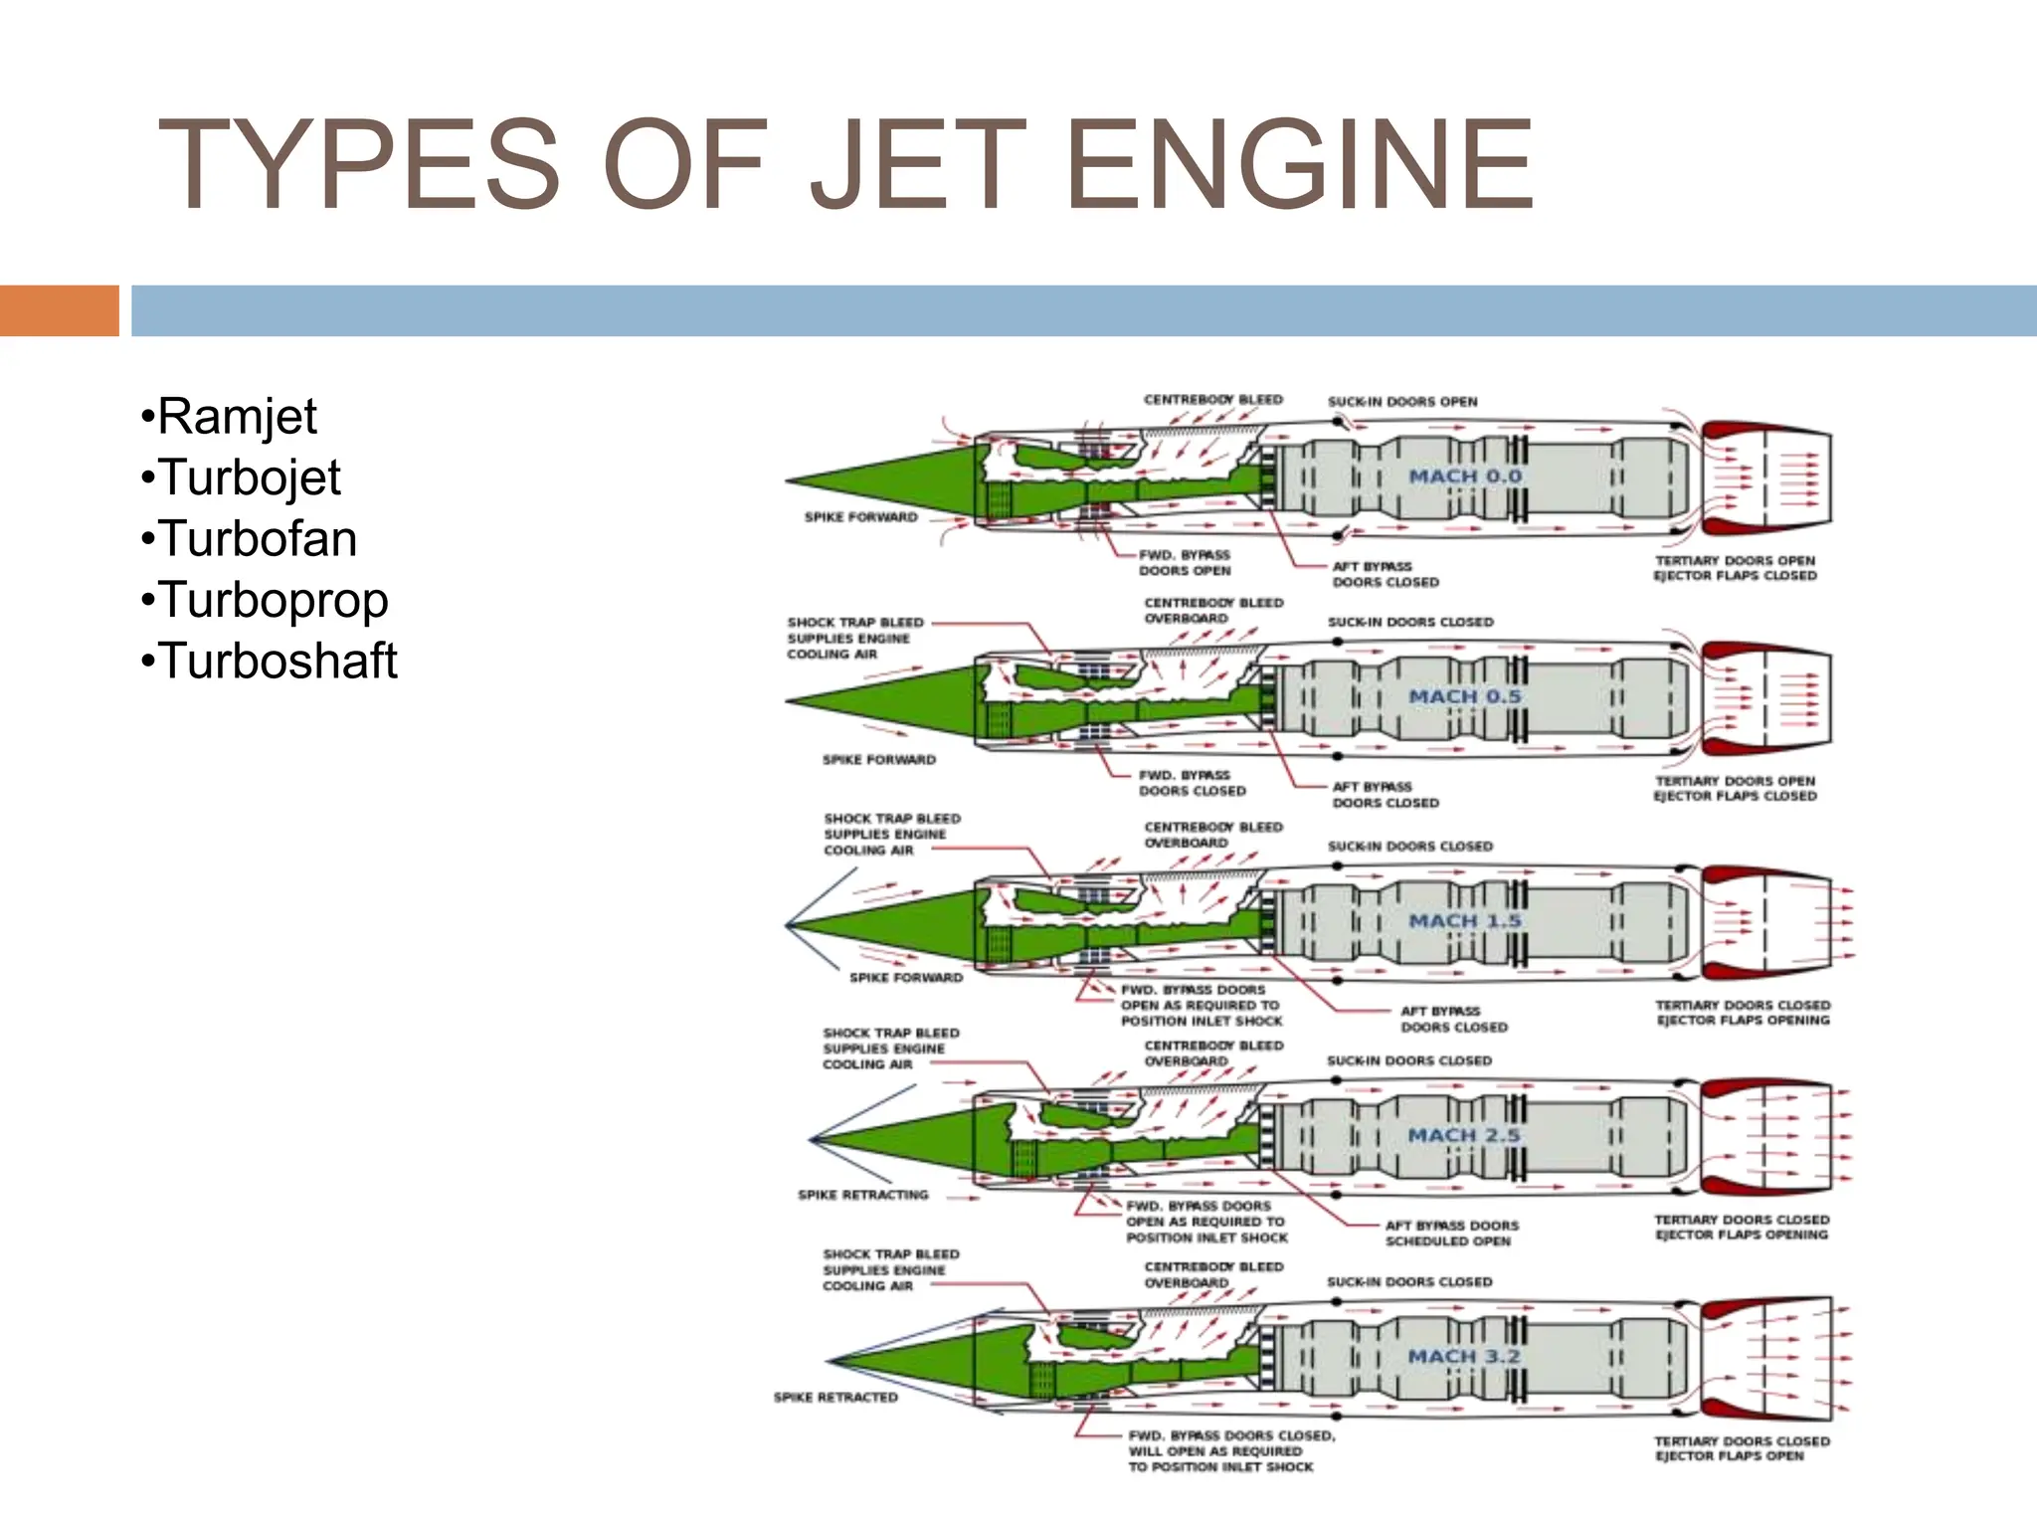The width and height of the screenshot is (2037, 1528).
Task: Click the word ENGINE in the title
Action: pos(1299,164)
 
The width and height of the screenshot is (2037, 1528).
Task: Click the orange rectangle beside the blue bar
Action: pos(59,310)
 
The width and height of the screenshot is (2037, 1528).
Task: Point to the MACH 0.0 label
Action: pos(1464,477)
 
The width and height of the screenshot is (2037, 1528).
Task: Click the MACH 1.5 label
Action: pos(1464,921)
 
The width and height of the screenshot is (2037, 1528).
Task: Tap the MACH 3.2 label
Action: pos(1464,1357)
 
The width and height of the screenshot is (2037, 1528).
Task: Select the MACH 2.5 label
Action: pos(1464,1135)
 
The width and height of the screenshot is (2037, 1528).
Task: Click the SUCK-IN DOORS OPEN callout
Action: pos(1402,402)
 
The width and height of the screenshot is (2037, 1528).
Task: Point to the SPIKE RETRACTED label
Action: pos(835,1398)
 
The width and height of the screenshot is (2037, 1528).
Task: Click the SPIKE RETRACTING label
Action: pos(862,1195)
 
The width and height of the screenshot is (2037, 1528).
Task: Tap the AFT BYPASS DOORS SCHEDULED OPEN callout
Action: pos(1451,1234)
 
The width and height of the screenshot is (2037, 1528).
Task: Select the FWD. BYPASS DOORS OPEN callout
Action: pos(1185,563)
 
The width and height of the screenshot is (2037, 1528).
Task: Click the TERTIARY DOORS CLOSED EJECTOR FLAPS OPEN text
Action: pos(1741,1448)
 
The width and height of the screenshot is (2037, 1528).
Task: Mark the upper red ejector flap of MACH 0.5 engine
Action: pos(1736,654)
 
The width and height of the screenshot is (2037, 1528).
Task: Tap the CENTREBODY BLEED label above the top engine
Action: pos(1212,400)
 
